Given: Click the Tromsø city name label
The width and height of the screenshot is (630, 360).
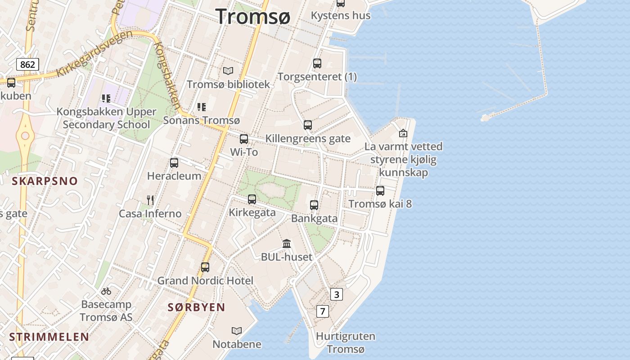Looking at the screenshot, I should [x=253, y=16].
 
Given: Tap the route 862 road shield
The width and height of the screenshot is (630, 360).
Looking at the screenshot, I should [x=27, y=64].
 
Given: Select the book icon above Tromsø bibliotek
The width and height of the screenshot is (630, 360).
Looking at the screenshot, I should [x=228, y=71].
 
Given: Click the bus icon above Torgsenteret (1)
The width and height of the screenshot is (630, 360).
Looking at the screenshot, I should [x=317, y=63].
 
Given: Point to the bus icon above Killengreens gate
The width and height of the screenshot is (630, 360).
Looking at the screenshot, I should [x=308, y=125].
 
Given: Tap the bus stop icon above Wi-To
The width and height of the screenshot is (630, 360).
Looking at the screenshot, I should [x=244, y=139].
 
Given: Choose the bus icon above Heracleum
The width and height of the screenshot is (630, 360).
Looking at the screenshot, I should [x=174, y=163].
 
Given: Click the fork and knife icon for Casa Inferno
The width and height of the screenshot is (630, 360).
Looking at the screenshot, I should [x=150, y=200].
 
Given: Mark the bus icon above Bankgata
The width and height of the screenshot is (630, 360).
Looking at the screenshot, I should [x=314, y=205].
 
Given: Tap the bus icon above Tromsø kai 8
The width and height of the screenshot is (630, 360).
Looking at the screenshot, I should [x=380, y=191].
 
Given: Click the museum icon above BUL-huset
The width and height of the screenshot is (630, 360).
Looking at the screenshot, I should [x=287, y=244].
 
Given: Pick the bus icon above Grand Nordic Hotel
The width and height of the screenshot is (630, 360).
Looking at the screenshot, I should [x=205, y=267].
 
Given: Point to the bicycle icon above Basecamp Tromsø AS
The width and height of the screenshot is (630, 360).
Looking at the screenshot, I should [x=106, y=291].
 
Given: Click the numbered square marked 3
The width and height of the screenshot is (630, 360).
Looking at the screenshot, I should [x=336, y=294].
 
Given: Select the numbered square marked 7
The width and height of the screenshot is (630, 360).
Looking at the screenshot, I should [x=322, y=311].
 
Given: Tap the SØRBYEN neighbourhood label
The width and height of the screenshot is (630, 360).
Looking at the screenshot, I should [x=196, y=307].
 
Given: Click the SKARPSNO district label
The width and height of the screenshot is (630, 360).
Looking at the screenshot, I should [x=45, y=181].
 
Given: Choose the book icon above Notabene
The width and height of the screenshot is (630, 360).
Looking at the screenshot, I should [x=237, y=331].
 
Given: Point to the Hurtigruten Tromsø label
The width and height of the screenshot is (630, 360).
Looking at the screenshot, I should [x=346, y=342].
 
